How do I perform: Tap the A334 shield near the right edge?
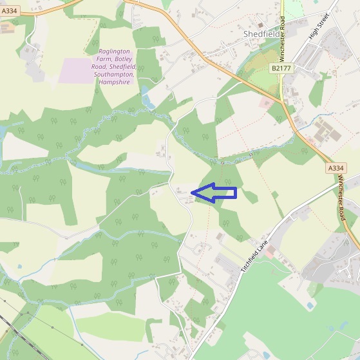click(336, 168)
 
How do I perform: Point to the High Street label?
click(319, 26)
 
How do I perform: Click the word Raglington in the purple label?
click(115, 52)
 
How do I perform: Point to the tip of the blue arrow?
click(193, 192)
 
